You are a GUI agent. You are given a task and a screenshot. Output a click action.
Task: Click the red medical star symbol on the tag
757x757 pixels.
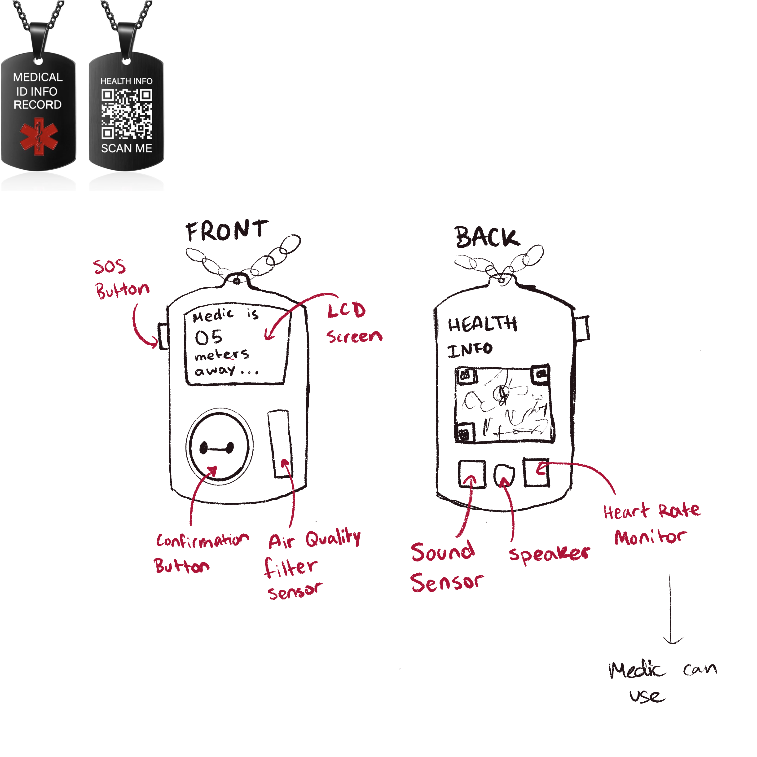38,138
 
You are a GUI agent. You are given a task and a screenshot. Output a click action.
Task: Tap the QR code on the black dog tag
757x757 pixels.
127,114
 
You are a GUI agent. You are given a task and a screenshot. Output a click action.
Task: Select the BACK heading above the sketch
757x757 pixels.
487,238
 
